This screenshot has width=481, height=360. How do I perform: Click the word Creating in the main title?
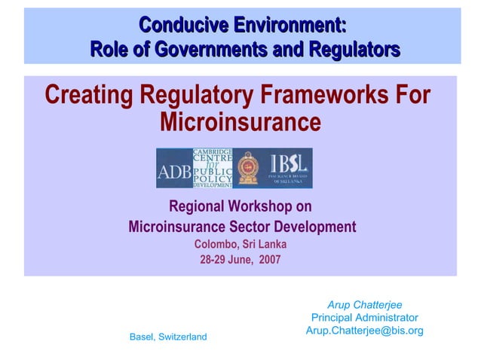(x=87, y=96)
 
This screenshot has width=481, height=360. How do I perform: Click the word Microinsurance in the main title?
(x=240, y=121)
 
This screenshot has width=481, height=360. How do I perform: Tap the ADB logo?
(x=174, y=169)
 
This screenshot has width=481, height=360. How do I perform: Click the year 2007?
(x=268, y=260)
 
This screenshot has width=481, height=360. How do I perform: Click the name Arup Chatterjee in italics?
(x=364, y=305)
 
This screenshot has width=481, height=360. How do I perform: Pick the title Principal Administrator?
(x=364, y=318)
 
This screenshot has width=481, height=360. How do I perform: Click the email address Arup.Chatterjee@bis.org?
(x=364, y=331)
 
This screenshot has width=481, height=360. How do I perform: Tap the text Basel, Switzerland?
(x=168, y=337)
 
